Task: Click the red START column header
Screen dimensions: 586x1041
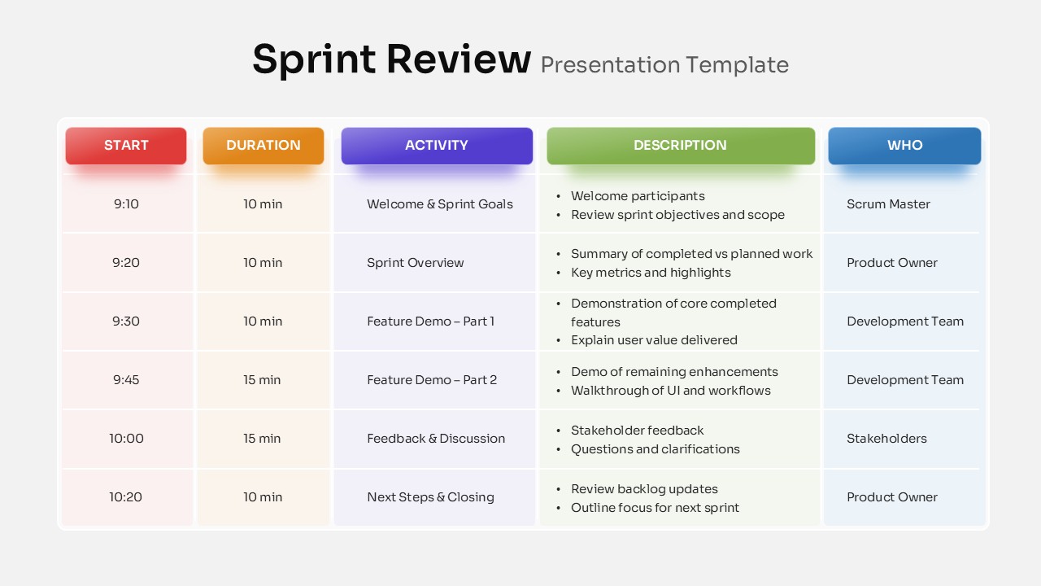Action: pyautogui.click(x=126, y=146)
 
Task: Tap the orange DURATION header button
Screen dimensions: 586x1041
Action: pyautogui.click(x=264, y=146)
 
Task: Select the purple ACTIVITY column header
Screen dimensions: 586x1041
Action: pyautogui.click(x=437, y=146)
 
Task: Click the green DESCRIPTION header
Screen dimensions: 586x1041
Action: pyautogui.click(x=681, y=146)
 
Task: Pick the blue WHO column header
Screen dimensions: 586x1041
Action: pyautogui.click(x=904, y=146)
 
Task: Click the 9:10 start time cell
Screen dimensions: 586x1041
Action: pyautogui.click(x=126, y=204)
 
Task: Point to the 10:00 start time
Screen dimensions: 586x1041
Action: pyautogui.click(x=126, y=439)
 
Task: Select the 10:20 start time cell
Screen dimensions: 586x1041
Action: pyautogui.click(x=126, y=497)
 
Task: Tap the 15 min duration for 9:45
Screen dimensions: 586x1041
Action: pyautogui.click(x=263, y=380)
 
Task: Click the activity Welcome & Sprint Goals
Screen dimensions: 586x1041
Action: pyautogui.click(x=440, y=204)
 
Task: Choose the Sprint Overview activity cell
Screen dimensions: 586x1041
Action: pyautogui.click(x=416, y=263)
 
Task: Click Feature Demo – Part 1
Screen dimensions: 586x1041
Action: pyautogui.click(x=431, y=321)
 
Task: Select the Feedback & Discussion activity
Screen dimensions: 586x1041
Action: pyautogui.click(x=436, y=439)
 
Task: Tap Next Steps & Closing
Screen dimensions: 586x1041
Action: pyautogui.click(x=430, y=497)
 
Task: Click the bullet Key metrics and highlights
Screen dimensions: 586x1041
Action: pyautogui.click(x=651, y=273)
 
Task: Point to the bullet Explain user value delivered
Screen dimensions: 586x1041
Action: pyautogui.click(x=654, y=340)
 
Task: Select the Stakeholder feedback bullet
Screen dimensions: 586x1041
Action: pyautogui.click(x=638, y=431)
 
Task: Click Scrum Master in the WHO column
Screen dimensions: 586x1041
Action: pyautogui.click(x=888, y=204)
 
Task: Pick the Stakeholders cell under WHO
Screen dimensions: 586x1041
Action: pyautogui.click(x=886, y=439)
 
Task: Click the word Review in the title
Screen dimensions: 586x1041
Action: pyautogui.click(x=458, y=59)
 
